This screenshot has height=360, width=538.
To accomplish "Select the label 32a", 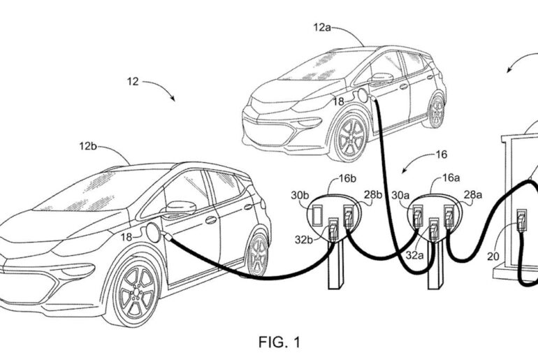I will tap(415, 256).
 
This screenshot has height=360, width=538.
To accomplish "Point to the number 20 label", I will tap(493, 256).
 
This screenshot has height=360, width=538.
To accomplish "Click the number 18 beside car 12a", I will tap(337, 102).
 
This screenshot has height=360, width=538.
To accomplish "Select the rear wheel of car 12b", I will tap(258, 253).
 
